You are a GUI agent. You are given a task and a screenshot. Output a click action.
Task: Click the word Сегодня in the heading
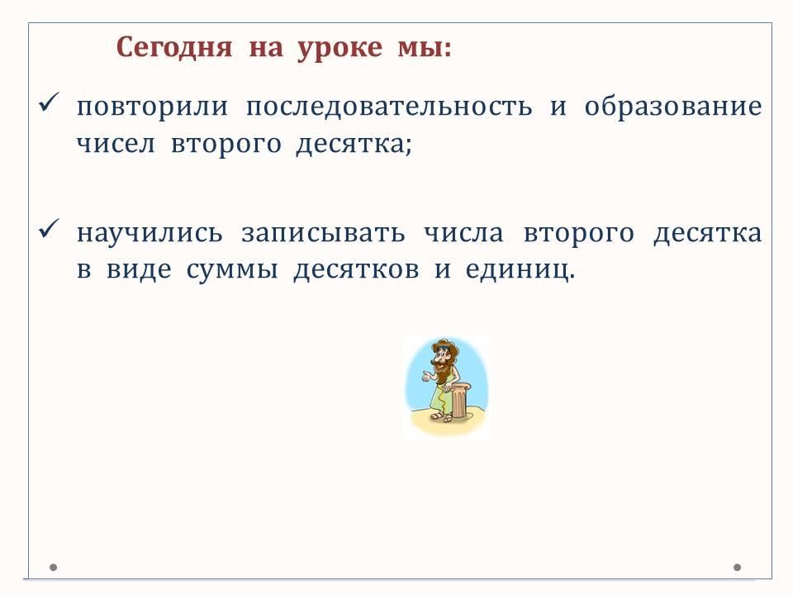coord(174,48)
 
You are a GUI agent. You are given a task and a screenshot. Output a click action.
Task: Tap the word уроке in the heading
coord(340,49)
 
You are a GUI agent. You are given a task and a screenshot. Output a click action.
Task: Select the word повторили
coord(152,107)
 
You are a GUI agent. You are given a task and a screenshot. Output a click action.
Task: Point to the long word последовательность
coord(389,107)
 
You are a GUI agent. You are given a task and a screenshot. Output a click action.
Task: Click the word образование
coord(673,107)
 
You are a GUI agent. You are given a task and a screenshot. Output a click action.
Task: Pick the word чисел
coord(116,144)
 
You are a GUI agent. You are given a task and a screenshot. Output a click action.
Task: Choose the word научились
coord(150,234)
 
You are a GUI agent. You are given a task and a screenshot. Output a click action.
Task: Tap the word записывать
coord(323,234)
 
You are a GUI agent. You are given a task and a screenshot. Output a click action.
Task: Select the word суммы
coord(232,269)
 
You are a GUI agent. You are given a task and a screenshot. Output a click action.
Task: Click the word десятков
coord(357,269)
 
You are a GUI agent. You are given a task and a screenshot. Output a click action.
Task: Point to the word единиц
coord(520,269)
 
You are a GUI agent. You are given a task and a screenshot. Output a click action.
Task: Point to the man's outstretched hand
coord(426,377)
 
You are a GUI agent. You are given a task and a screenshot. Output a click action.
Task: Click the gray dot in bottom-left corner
coord(53,567)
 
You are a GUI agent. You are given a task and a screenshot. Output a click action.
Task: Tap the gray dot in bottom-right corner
coord(738,567)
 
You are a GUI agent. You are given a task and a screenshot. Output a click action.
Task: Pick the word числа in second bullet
coord(463,234)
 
